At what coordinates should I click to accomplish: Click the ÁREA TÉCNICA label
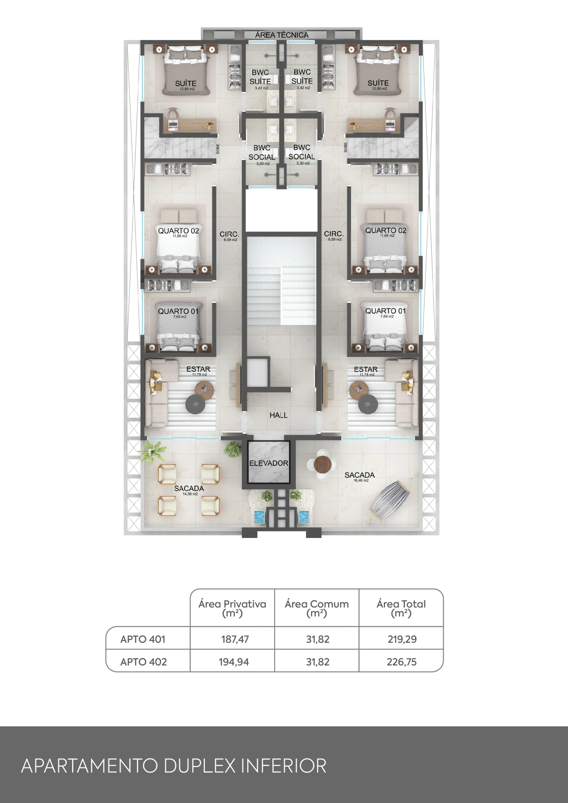[282, 35]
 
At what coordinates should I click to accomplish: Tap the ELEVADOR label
[268, 463]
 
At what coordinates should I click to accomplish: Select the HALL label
[278, 415]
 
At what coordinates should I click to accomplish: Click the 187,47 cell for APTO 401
[235, 639]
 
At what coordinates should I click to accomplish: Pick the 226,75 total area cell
[401, 662]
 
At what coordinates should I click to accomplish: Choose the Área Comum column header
[317, 608]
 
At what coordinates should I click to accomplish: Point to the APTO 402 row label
[143, 662]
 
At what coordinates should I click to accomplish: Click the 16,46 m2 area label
[361, 481]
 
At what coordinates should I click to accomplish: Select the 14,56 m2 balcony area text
[190, 494]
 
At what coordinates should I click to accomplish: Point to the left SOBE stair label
[218, 149]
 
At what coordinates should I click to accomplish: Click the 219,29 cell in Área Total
[402, 639]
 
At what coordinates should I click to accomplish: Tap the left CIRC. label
[229, 234]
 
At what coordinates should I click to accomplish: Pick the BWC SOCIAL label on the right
[302, 152]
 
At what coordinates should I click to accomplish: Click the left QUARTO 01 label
[178, 311]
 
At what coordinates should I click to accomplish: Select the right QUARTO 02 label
[386, 231]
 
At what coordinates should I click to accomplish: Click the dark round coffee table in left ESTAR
[195, 404]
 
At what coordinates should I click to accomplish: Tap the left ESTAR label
[198, 369]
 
